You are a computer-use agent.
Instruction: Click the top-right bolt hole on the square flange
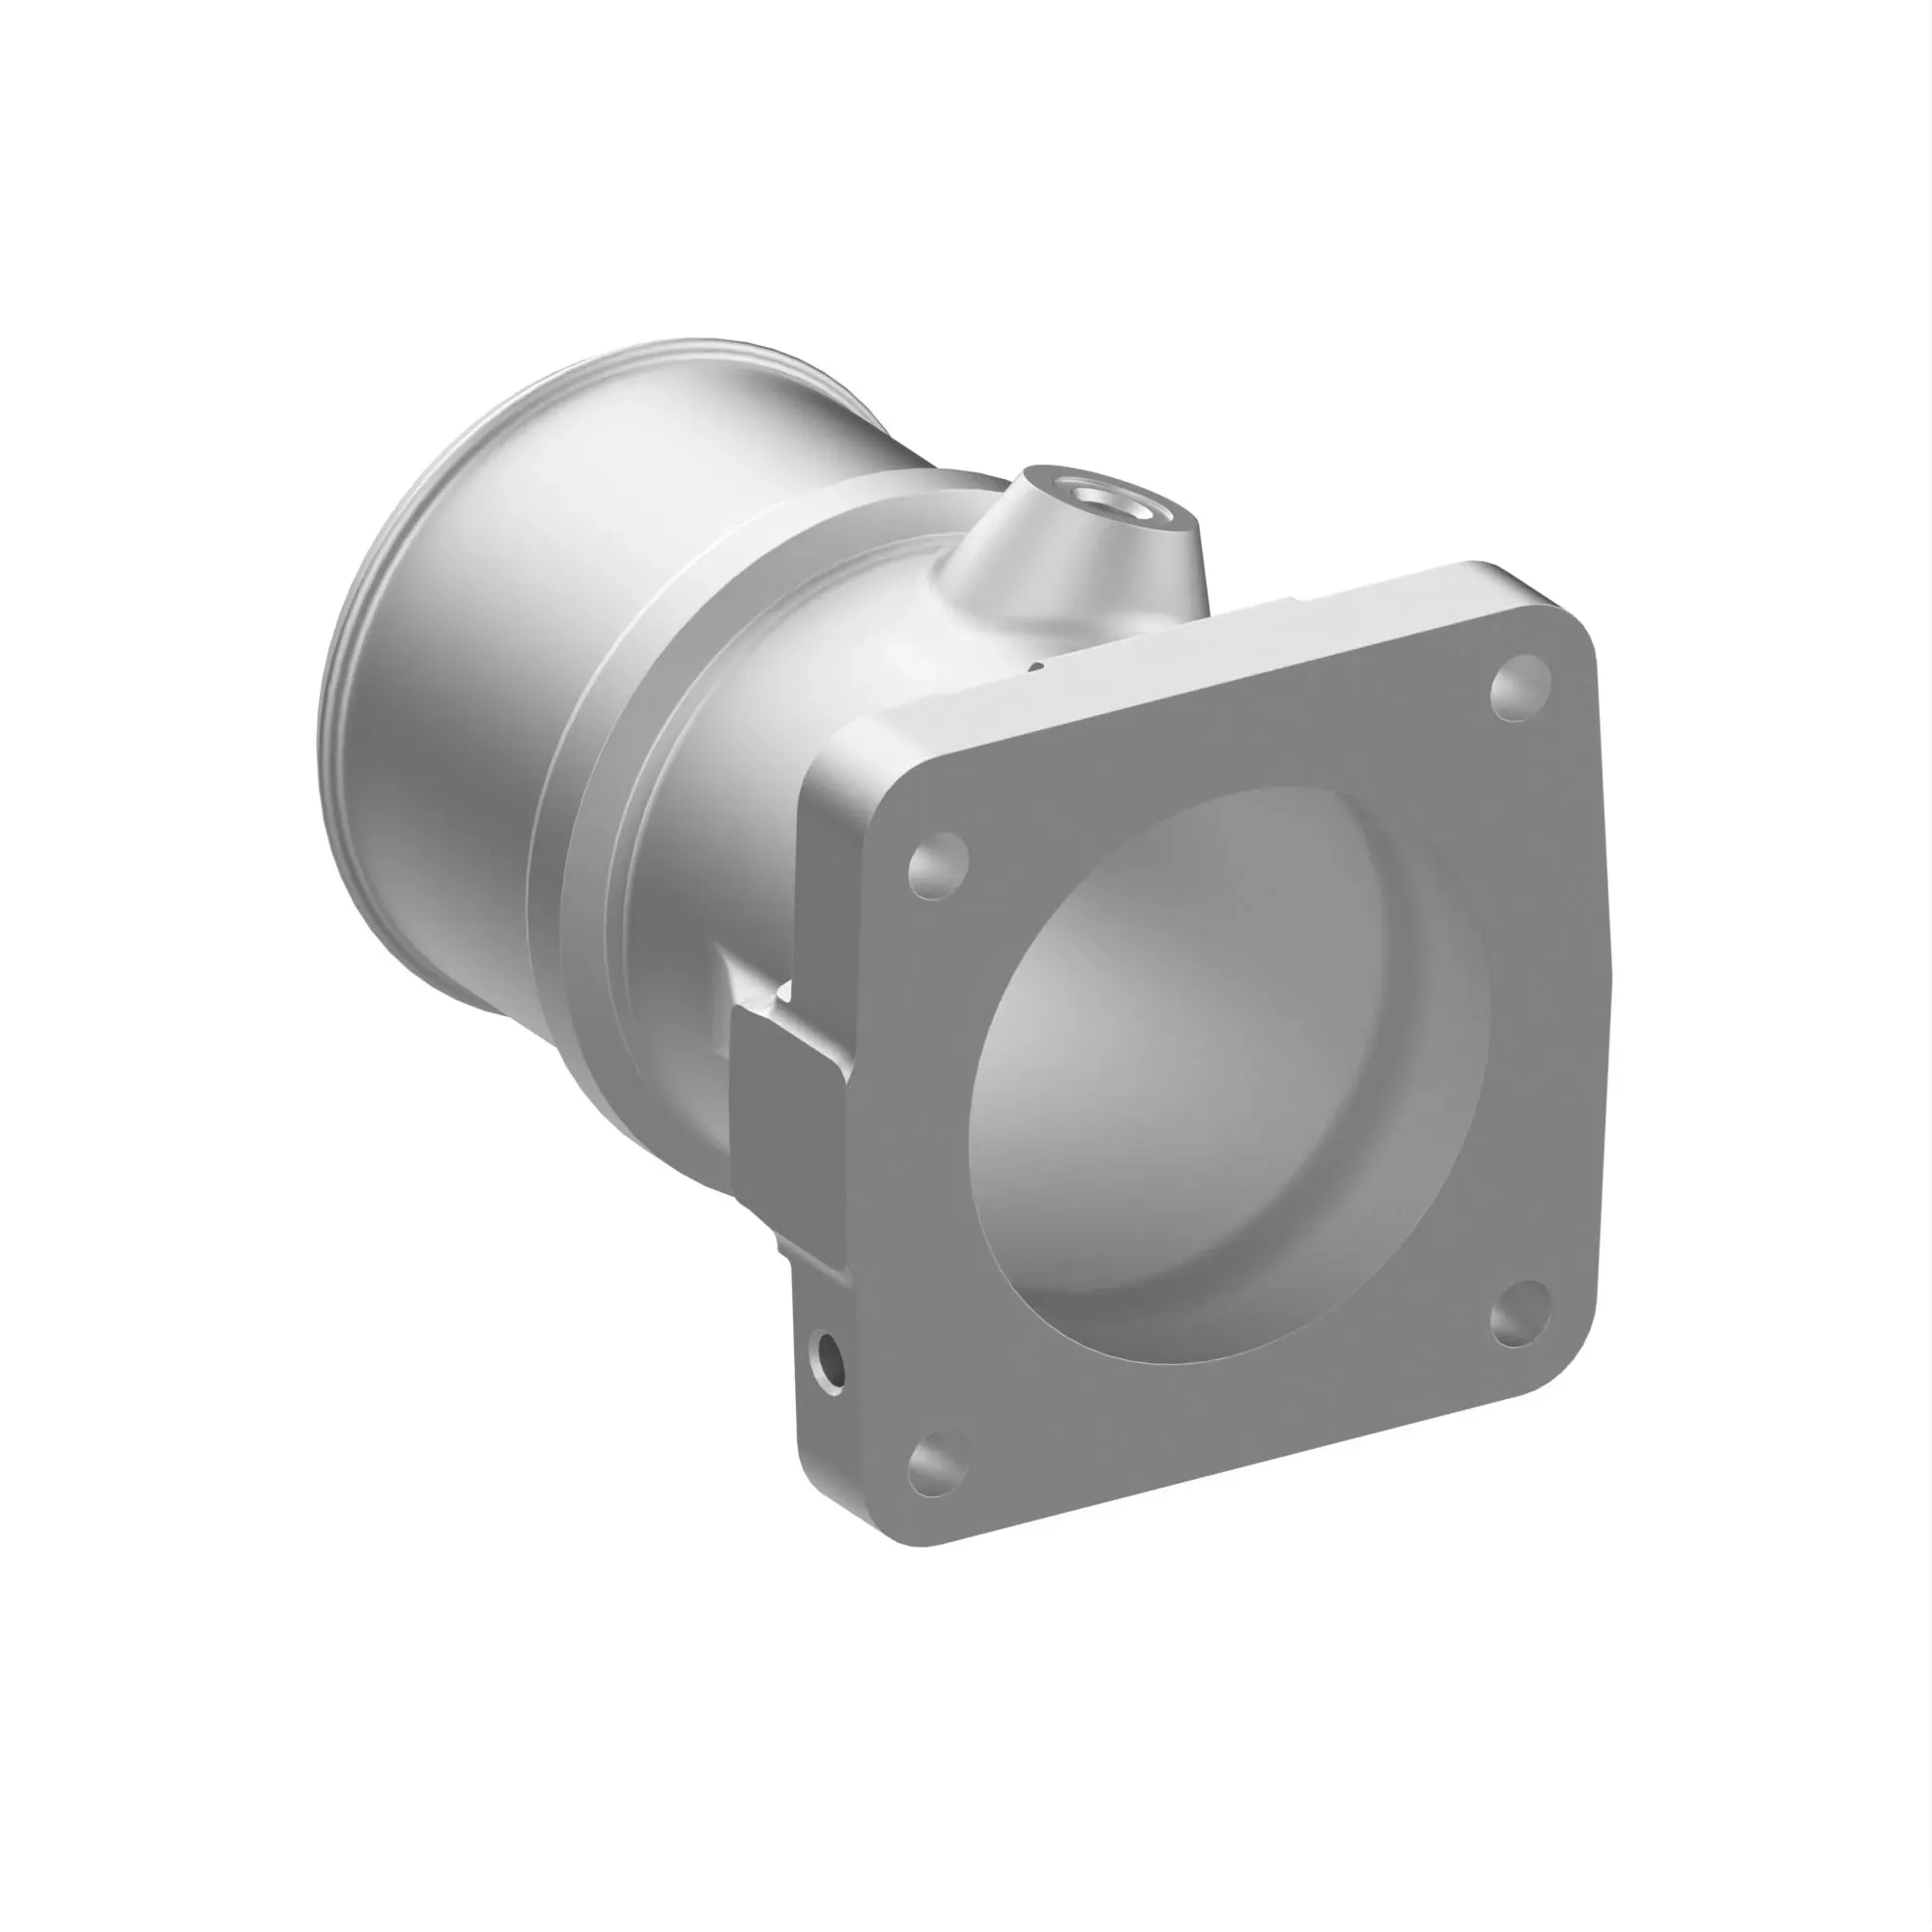pos(1520,686)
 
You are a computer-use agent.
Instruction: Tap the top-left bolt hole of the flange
pos(938,864)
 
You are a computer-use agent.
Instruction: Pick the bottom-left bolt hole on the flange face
pos(938,1466)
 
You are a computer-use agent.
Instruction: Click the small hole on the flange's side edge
pos(829,1362)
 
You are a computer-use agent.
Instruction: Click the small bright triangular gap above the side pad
pos(785,993)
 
